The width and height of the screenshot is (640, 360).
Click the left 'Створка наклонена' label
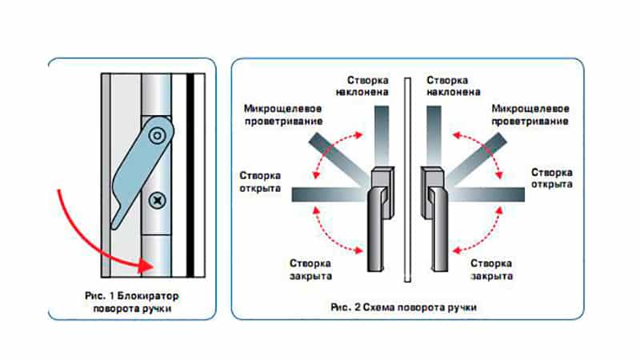(x=369, y=86)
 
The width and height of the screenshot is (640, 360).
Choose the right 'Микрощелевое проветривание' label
(x=531, y=114)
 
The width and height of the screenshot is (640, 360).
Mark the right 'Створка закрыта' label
(x=492, y=268)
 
